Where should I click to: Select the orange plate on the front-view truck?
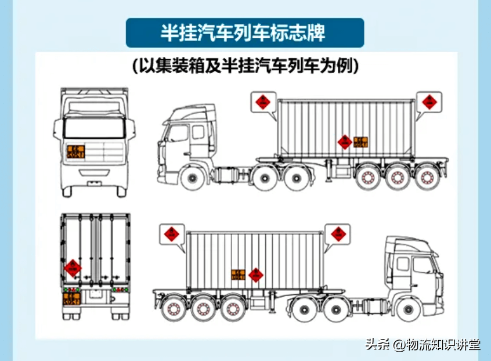[x=76, y=151]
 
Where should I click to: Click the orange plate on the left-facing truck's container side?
[x=360, y=142]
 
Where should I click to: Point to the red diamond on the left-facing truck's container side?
[x=345, y=142]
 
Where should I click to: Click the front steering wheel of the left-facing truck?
[x=190, y=177]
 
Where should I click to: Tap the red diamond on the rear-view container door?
[x=73, y=268]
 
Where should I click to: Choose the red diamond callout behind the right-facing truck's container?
[x=172, y=234]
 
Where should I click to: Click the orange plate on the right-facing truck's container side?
[x=239, y=275]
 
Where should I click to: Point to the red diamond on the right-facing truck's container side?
[x=255, y=275]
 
